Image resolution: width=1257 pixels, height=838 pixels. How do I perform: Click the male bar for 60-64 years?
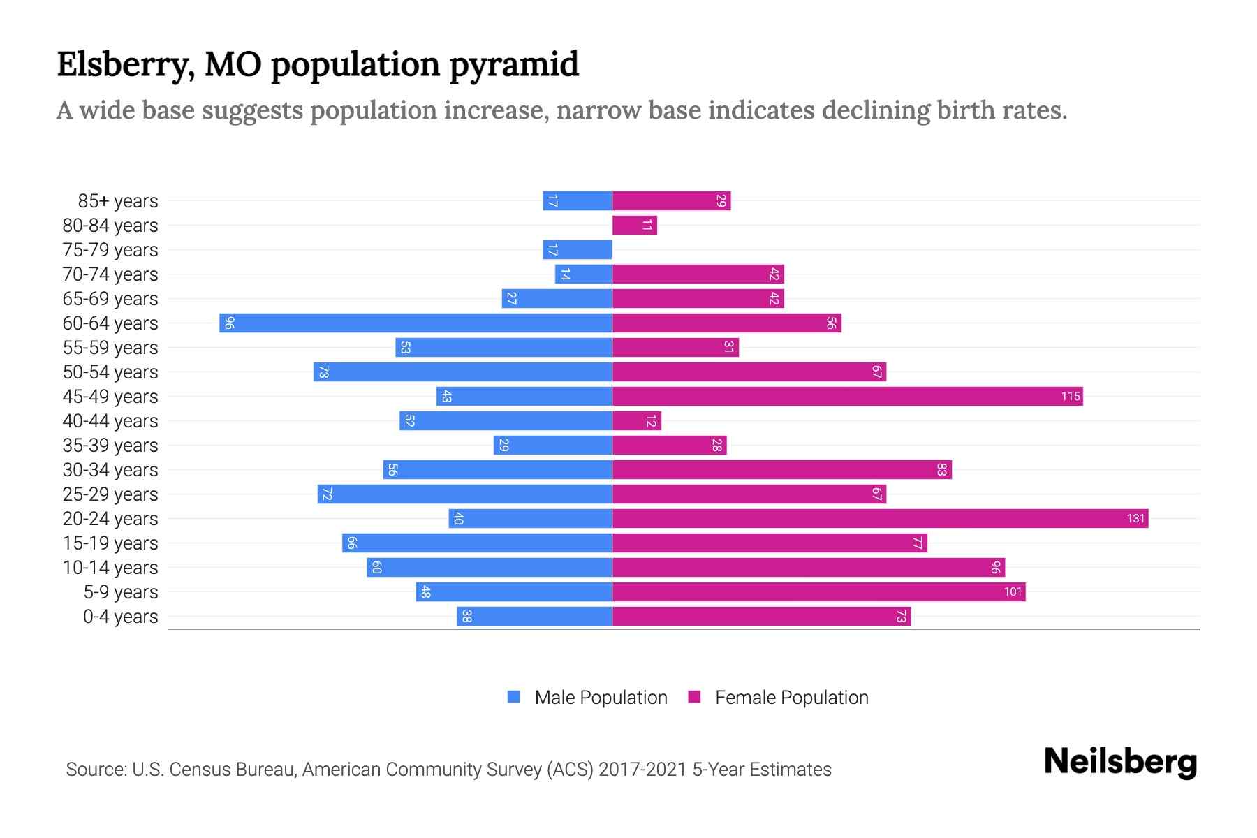coord(416,323)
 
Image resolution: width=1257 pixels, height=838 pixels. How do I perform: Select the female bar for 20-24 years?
coord(880,518)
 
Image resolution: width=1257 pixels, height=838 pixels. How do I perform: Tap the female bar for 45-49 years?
coord(847,396)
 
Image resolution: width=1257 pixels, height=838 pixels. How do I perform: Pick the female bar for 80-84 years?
coord(634,225)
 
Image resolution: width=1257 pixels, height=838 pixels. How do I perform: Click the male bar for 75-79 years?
coord(577,249)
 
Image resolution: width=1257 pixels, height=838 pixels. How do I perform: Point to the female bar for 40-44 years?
coord(636,420)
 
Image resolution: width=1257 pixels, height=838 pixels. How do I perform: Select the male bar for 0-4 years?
coord(534,616)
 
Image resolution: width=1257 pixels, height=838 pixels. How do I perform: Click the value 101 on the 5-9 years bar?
coord(1013,592)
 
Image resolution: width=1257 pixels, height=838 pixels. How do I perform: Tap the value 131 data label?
coord(1135,518)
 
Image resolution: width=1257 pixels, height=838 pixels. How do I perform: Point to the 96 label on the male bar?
coord(229,323)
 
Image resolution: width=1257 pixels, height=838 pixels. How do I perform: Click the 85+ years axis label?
coord(117,201)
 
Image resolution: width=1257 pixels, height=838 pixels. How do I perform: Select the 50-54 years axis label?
coord(110,372)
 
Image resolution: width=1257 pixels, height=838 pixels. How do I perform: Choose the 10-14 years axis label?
coord(110,568)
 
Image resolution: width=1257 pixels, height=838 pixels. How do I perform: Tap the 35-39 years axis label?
coord(110,446)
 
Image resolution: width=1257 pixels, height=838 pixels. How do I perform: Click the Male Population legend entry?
coord(601,697)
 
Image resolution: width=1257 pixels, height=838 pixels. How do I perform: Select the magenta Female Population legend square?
coord(694,697)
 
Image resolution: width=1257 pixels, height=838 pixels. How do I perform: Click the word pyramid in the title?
coord(513,65)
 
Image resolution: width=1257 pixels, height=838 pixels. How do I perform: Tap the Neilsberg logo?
coord(1120,762)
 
